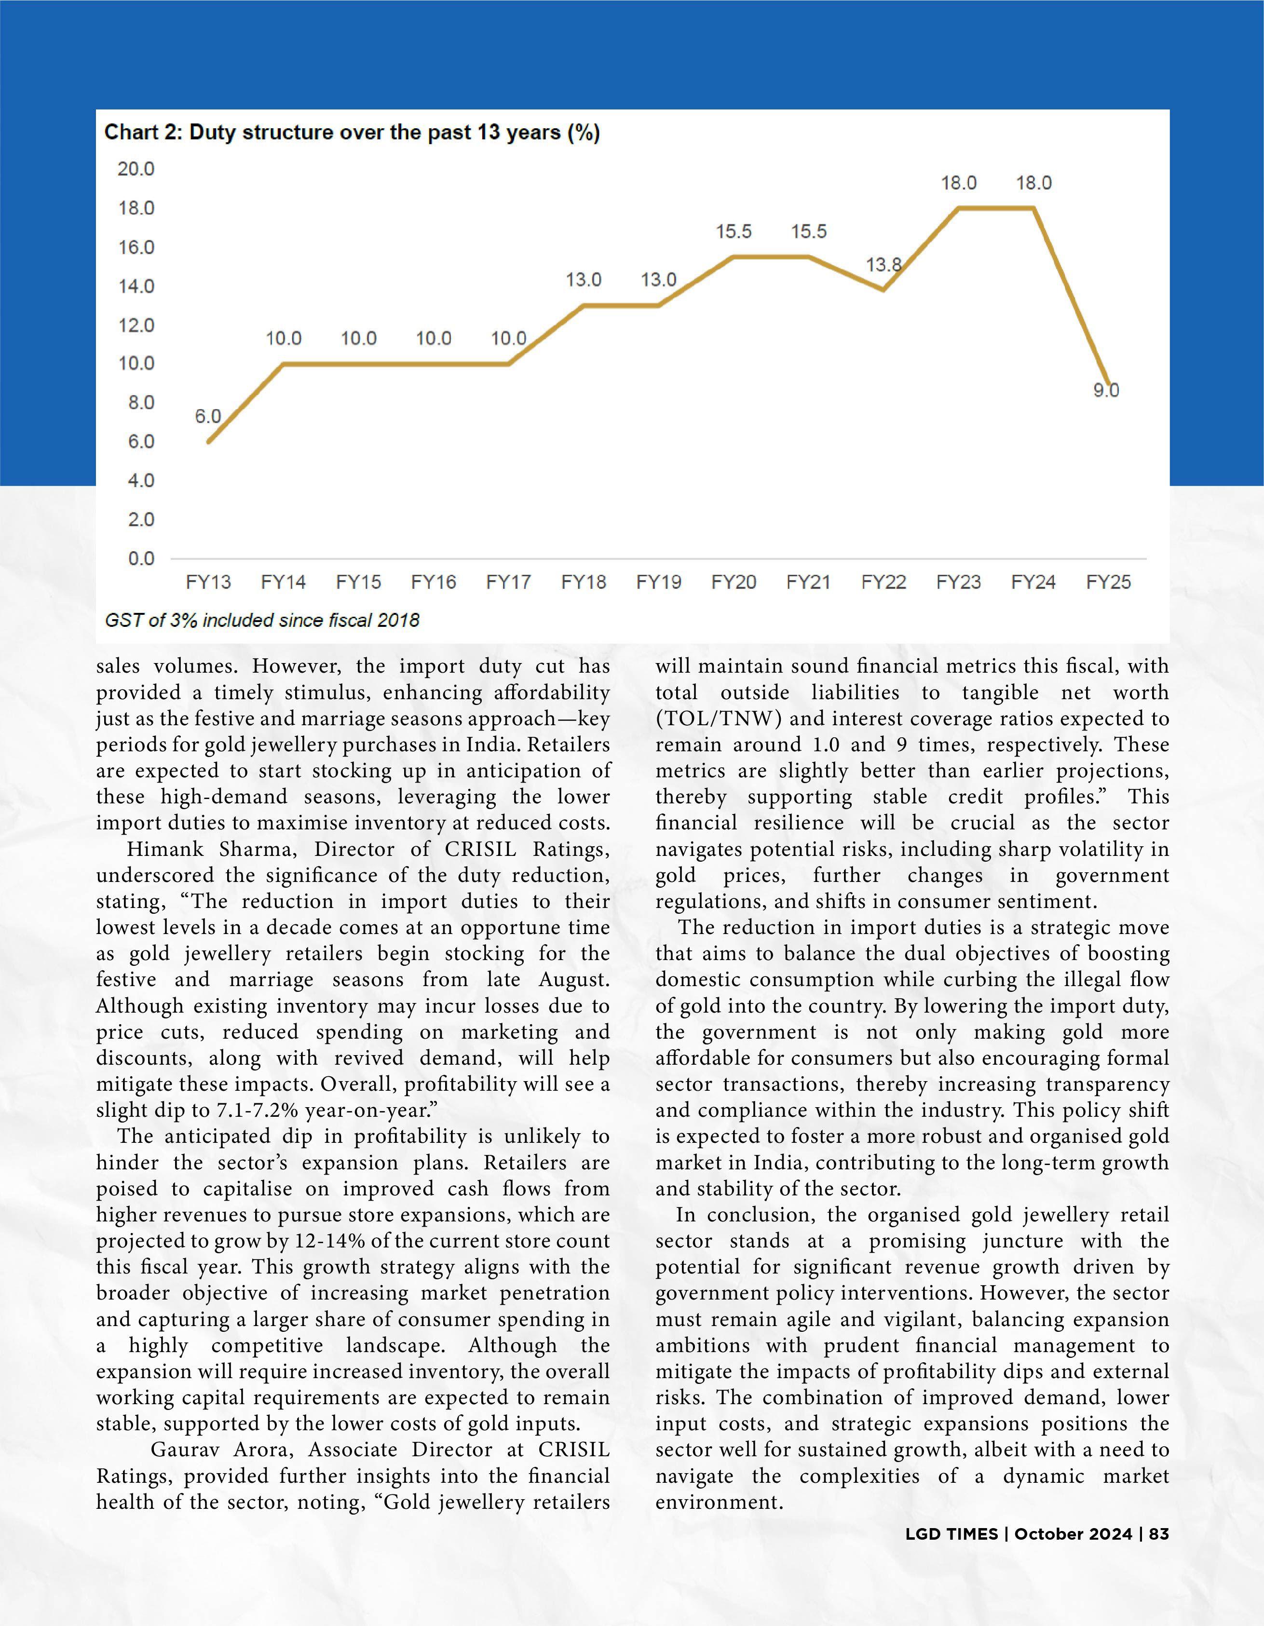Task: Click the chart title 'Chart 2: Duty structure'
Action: [x=352, y=133]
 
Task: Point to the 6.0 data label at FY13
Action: [x=208, y=417]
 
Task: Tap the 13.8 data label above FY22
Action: [x=883, y=265]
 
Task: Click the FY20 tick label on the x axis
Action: [x=733, y=582]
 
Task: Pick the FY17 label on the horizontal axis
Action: [x=508, y=582]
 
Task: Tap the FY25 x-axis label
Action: [x=1108, y=582]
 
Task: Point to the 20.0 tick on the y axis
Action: [x=136, y=169]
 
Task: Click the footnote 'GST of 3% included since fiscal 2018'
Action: [x=262, y=620]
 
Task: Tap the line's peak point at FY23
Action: [x=958, y=208]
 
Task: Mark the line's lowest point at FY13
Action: [x=208, y=442]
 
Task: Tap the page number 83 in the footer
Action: [x=1159, y=1534]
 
